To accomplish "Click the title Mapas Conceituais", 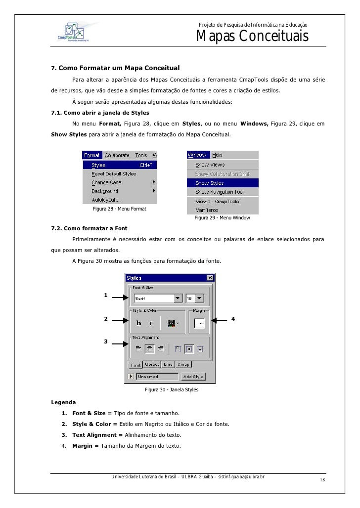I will (252, 37).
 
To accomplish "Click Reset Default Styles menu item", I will (114, 174).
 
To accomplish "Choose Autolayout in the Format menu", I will (105, 200).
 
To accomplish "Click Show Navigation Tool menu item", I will (219, 192).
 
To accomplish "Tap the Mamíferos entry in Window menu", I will (207, 210).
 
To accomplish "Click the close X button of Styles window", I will (210, 278).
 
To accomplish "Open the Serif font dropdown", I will (178, 298).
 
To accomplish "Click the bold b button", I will (139, 323).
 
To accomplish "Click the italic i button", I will (151, 323).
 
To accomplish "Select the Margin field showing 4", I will (199, 323).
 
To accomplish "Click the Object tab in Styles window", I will (152, 365).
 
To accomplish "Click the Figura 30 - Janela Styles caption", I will (171, 390).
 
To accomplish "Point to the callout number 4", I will (233, 319).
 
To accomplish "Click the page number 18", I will (322, 480).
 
